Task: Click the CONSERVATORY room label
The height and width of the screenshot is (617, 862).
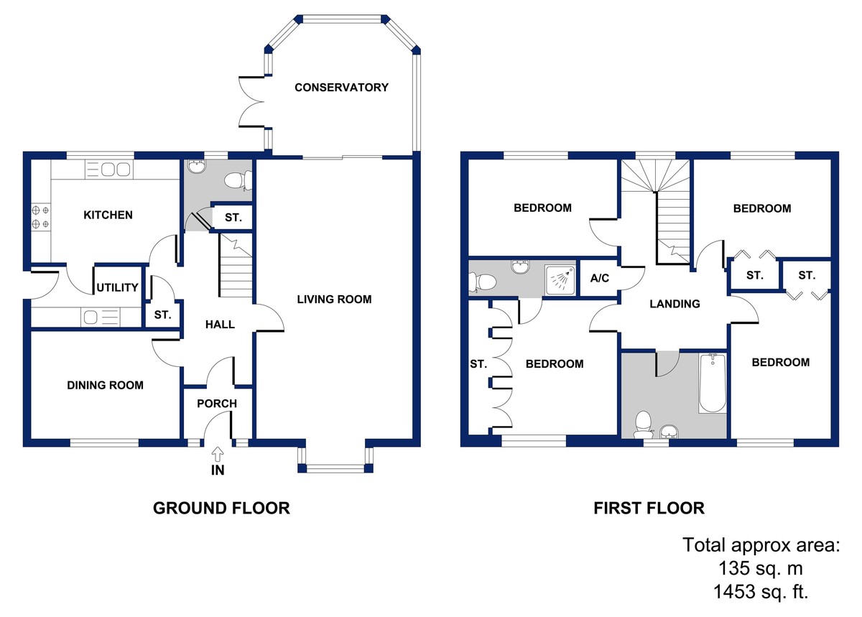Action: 341,88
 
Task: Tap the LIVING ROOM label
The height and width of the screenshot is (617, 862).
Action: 334,299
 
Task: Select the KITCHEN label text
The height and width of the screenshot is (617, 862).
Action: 108,215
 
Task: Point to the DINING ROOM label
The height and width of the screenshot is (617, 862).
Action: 105,385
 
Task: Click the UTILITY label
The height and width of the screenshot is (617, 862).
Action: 117,287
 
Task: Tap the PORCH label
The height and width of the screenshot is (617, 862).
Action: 217,404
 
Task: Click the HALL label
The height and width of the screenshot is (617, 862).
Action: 220,325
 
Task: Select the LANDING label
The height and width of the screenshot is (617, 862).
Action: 675,304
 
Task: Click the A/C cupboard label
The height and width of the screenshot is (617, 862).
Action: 600,278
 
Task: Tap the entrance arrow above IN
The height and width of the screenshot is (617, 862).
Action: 218,455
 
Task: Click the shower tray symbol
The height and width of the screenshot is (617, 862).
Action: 560,280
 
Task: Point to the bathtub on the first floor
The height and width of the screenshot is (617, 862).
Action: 713,384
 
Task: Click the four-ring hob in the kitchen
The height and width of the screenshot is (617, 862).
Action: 40,216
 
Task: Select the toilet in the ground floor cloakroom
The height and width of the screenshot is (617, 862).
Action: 238,180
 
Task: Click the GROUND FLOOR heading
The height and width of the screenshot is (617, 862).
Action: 221,508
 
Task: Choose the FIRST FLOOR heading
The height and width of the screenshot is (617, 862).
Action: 649,508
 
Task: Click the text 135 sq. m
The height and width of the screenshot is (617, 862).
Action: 761,568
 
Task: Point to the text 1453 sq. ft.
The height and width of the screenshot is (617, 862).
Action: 761,592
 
